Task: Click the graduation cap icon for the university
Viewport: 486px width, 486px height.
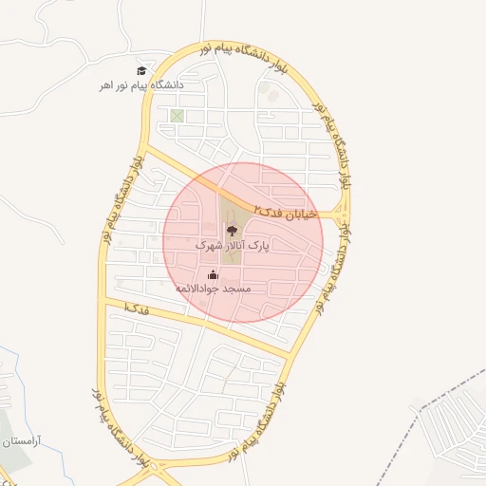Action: [x=141, y=70]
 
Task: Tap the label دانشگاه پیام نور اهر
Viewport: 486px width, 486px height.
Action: [x=141, y=85]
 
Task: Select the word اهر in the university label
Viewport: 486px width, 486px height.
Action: [x=107, y=85]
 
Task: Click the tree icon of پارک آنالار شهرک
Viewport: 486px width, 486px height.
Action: [x=232, y=231]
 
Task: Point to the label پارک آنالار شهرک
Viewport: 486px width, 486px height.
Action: [x=232, y=245]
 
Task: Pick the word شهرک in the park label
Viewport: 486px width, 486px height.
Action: [x=209, y=245]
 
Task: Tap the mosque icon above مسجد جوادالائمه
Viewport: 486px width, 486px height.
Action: [x=213, y=274]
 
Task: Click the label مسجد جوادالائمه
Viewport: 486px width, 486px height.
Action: [x=213, y=288]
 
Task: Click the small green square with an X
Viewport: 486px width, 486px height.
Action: [x=176, y=117]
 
